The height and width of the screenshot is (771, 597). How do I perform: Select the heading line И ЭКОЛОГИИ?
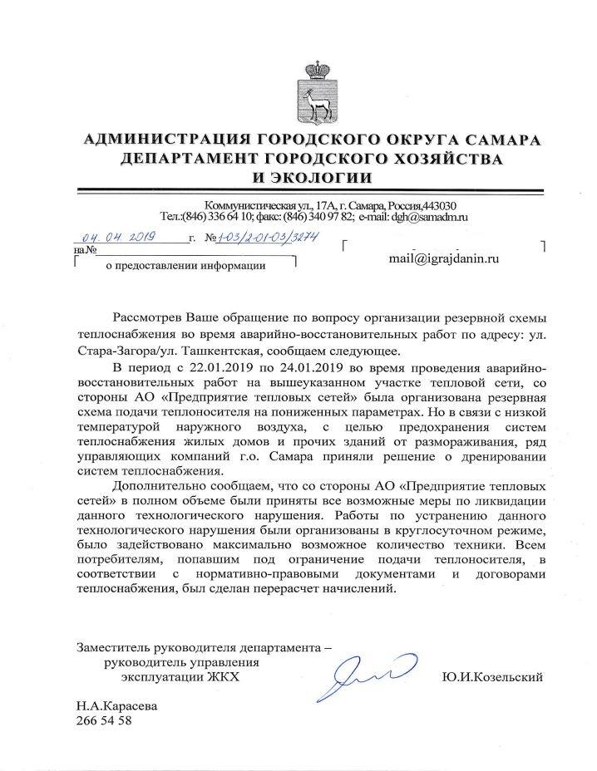[313, 177]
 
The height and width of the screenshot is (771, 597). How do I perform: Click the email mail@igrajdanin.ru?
[444, 259]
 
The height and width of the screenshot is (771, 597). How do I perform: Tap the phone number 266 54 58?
[103, 720]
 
